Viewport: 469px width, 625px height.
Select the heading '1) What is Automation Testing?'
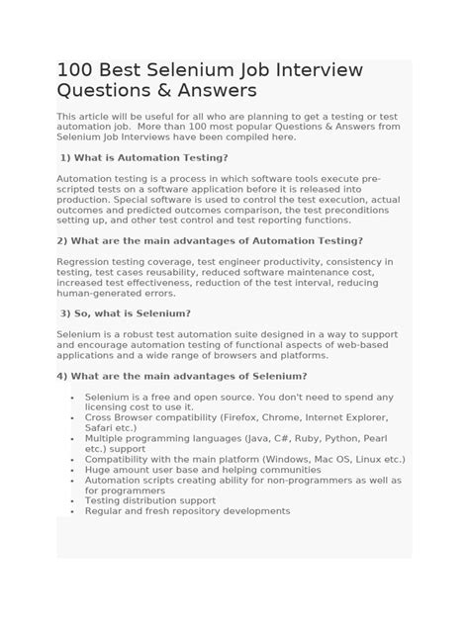coord(144,157)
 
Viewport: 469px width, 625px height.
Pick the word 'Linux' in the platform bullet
coord(368,459)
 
